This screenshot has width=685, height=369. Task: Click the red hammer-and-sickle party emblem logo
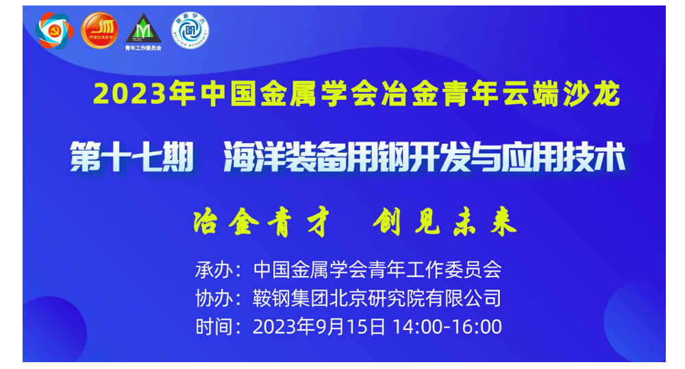tap(54, 31)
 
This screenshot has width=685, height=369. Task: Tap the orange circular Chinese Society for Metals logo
tap(99, 30)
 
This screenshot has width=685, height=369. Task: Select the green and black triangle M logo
tap(143, 28)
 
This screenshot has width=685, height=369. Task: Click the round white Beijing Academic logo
tap(190, 30)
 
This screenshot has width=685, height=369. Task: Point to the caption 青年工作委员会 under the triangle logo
tap(143, 48)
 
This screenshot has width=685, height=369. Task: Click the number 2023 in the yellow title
tap(129, 94)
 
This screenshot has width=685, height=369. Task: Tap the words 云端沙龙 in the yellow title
tap(561, 94)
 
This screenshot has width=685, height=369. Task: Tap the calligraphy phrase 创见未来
tap(445, 222)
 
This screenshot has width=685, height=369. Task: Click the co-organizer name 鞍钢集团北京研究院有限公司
tap(377, 298)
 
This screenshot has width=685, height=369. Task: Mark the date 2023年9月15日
tap(319, 327)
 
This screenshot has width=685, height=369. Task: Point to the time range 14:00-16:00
tap(447, 327)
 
